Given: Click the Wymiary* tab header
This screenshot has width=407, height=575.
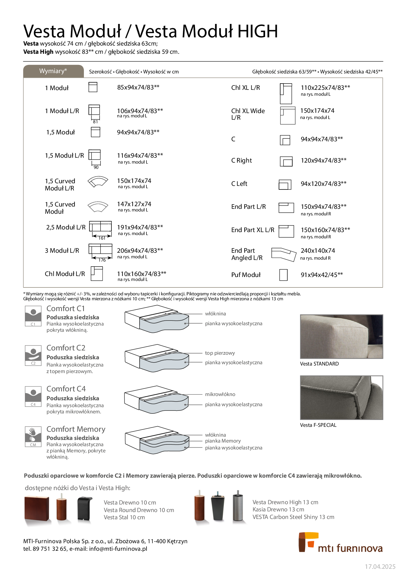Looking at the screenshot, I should pyautogui.click(x=53, y=71).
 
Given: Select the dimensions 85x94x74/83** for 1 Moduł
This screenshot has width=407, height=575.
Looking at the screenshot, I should pyautogui.click(x=138, y=87).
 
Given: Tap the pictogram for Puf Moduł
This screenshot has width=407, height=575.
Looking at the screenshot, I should pyautogui.click(x=283, y=275).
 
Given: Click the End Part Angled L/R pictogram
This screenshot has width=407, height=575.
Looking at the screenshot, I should pyautogui.click(x=284, y=254).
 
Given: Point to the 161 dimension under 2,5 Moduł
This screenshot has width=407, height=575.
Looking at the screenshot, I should pyautogui.click(x=102, y=238).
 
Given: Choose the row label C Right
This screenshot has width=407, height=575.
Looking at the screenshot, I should pyautogui.click(x=242, y=160).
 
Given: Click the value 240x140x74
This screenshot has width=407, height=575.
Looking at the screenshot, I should pyautogui.click(x=318, y=250).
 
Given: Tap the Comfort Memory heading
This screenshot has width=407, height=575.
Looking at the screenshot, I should pyautogui.click(x=76, y=429).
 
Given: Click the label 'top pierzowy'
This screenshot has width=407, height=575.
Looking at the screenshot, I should pyautogui.click(x=220, y=353).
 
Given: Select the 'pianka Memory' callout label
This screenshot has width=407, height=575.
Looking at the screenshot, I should pyautogui.click(x=223, y=441).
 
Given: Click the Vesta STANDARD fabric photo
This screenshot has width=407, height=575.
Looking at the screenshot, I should pyautogui.click(x=341, y=337).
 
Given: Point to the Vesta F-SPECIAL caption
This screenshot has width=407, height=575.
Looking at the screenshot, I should pyautogui.click(x=318, y=425).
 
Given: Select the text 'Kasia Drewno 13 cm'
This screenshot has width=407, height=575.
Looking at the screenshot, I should pyautogui.click(x=278, y=509).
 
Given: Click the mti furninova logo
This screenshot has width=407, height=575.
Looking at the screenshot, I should pyautogui.click(x=340, y=543).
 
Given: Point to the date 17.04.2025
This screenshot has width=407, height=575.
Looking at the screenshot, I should pyautogui.click(x=380, y=567).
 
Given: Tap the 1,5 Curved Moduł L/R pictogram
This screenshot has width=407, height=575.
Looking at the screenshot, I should pyautogui.click(x=98, y=182).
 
